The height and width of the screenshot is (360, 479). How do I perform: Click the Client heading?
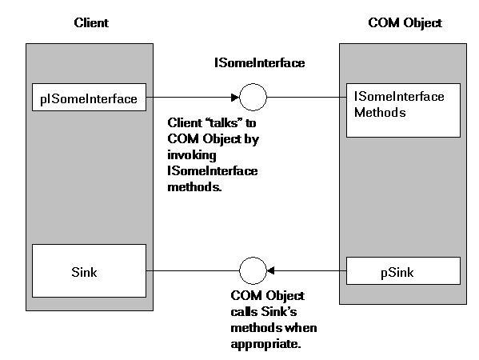click(91, 23)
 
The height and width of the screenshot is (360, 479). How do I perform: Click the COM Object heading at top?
click(405, 23)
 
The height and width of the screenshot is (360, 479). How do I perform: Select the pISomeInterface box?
click(89, 97)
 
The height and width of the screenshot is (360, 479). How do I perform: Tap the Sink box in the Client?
click(89, 270)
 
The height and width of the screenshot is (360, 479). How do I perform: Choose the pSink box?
click(403, 270)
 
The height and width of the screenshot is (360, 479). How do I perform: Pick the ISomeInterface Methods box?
click(403, 110)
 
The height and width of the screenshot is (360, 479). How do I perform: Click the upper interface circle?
click(253, 84)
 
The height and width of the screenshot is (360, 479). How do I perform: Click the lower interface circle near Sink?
click(253, 258)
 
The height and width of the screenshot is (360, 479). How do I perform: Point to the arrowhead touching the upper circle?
click(235, 98)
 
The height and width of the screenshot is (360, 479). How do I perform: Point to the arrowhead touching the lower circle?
click(270, 270)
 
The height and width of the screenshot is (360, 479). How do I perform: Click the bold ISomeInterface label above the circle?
click(259, 63)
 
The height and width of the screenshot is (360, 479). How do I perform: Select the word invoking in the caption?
click(192, 155)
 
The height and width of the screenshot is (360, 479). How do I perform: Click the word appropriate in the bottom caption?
click(265, 345)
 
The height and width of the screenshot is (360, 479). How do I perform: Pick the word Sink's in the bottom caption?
click(279, 312)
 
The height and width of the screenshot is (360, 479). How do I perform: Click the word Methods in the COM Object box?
click(380, 113)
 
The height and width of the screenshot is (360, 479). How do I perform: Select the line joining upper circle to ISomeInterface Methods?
click(306, 98)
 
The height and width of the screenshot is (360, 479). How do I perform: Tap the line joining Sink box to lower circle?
click(193, 270)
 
